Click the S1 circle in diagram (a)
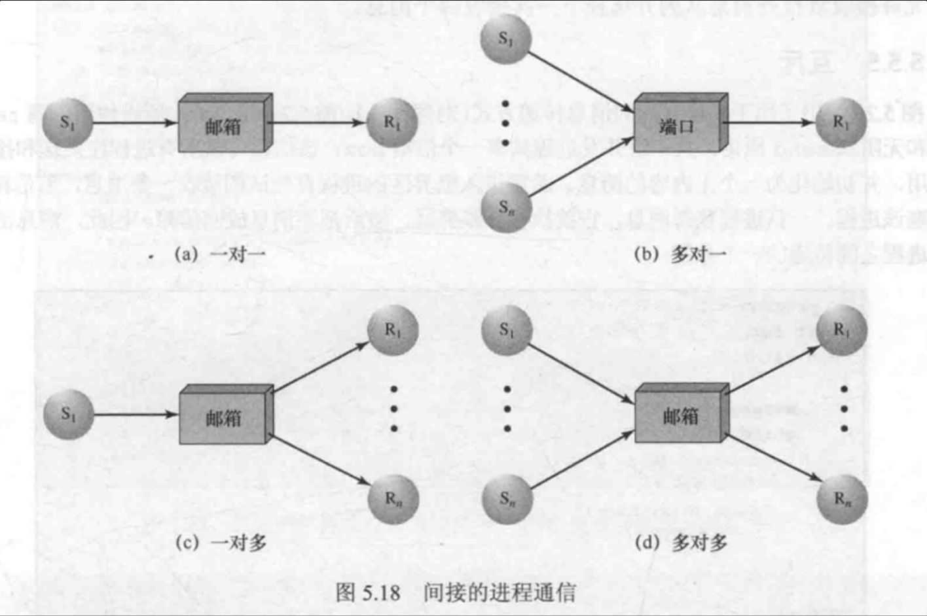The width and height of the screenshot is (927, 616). pyautogui.click(x=67, y=123)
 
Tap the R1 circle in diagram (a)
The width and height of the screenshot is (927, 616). pyautogui.click(x=391, y=123)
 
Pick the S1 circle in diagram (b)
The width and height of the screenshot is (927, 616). pyautogui.click(x=505, y=39)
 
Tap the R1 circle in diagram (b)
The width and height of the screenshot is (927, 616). pyautogui.click(x=841, y=123)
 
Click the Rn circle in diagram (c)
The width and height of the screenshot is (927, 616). pyautogui.click(x=393, y=499)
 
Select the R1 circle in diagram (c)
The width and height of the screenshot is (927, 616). pyautogui.click(x=393, y=330)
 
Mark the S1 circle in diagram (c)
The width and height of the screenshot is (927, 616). pyautogui.click(x=68, y=414)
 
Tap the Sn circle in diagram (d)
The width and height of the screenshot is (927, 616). pyautogui.click(x=507, y=499)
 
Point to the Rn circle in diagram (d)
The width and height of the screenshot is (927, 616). pyautogui.click(x=843, y=499)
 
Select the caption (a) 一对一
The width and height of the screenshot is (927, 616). pyautogui.click(x=219, y=254)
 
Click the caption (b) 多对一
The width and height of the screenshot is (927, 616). pyautogui.click(x=680, y=254)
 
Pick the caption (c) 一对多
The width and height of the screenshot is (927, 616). pyautogui.click(x=221, y=542)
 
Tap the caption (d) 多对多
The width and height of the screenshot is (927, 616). pyautogui.click(x=681, y=542)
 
